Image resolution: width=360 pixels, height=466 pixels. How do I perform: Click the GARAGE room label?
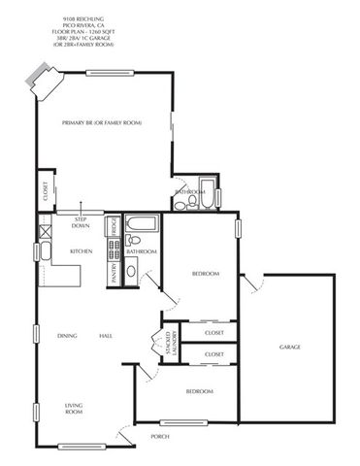point(290,347)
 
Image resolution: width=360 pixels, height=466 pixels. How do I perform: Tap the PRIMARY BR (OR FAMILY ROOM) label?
point(102,123)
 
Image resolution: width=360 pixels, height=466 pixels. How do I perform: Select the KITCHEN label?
point(81,251)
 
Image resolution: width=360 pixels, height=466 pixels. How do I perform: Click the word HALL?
point(105,336)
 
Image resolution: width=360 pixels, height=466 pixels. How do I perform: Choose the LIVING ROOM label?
point(74,409)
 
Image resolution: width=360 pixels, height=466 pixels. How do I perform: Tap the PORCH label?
point(160,437)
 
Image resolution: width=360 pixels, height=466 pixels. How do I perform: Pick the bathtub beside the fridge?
point(138,228)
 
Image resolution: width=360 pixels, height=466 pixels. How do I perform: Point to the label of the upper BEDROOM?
point(206,274)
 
